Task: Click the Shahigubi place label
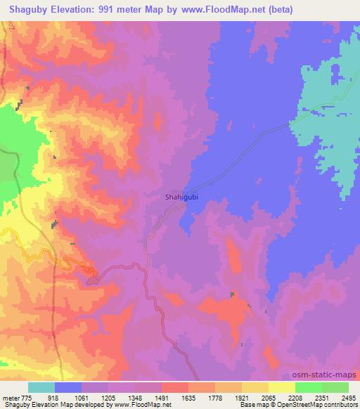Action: click(x=181, y=198)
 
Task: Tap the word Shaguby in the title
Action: click(x=26, y=10)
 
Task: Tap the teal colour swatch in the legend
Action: click(x=41, y=388)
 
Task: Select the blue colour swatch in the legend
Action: click(x=68, y=388)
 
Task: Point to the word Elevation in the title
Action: click(x=75, y=10)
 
